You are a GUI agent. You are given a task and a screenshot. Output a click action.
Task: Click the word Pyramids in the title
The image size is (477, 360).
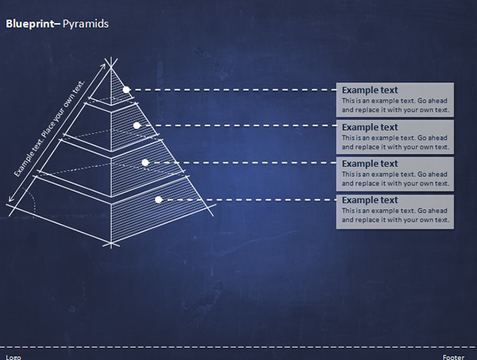(86, 24)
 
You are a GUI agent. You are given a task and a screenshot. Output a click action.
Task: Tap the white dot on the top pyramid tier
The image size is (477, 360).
(126, 90)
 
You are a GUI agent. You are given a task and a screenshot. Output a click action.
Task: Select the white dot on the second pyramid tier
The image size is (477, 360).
(137, 125)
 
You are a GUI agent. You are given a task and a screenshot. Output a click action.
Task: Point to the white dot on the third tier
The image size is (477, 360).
(145, 162)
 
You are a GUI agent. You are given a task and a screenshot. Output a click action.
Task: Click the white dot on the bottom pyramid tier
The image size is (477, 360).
(158, 200)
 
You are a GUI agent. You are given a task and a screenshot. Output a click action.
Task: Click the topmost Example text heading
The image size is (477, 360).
(369, 91)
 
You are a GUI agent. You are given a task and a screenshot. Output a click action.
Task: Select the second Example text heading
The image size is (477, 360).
(369, 128)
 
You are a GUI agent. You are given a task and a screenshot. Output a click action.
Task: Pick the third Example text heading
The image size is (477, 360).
(369, 164)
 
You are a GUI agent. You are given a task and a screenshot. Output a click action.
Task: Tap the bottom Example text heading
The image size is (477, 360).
(369, 201)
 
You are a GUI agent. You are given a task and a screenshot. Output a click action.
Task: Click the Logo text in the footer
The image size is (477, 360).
(13, 357)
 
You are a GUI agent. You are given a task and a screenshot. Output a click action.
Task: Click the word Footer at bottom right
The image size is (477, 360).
(453, 357)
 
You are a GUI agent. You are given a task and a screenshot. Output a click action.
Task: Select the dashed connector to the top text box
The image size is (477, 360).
(231, 90)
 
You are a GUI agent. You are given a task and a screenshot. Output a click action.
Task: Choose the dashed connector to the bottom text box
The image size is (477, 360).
(246, 200)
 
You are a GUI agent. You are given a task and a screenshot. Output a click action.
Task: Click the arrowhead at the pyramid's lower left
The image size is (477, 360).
(10, 202)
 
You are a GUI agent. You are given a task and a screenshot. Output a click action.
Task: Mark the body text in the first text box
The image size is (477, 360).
(395, 105)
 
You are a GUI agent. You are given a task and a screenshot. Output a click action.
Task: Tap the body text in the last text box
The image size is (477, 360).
(395, 215)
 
